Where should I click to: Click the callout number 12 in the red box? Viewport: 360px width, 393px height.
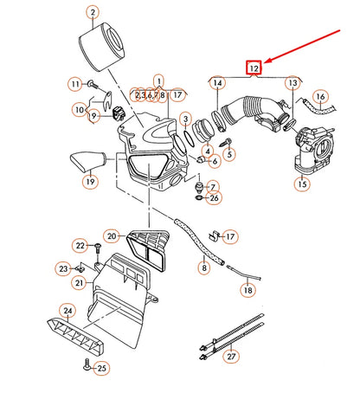[x=254, y=67]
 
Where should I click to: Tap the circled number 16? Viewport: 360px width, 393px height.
[x=321, y=97]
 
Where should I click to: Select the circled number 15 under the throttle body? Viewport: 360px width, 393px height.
[x=303, y=184]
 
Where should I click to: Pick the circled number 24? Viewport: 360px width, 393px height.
[x=67, y=309]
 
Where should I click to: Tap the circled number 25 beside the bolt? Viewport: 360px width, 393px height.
[x=102, y=368]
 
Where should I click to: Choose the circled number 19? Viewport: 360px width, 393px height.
[x=90, y=182]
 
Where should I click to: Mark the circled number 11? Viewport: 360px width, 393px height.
[x=74, y=84]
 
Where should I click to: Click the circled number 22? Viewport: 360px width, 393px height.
[x=80, y=246]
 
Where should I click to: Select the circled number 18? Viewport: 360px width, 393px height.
[x=247, y=292]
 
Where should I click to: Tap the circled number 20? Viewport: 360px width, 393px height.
[x=112, y=235]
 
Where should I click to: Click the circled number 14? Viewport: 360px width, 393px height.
[x=216, y=83]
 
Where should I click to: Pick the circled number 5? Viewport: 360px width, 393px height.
[x=228, y=154]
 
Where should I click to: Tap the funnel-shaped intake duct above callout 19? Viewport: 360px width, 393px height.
[x=87, y=160]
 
